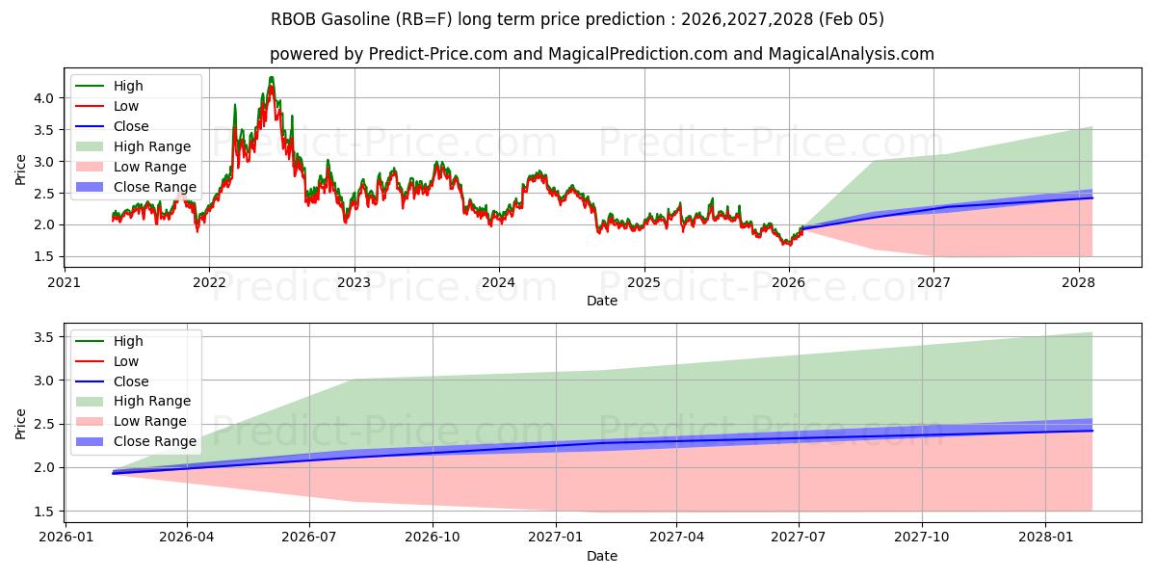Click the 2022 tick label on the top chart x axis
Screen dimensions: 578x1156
pyautogui.click(x=209, y=282)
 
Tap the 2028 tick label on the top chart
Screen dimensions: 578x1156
pyautogui.click(x=1078, y=282)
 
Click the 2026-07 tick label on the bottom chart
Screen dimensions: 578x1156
pyautogui.click(x=309, y=538)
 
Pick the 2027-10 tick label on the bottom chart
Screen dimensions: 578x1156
pyautogui.click(x=922, y=538)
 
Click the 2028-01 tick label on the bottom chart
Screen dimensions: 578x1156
pyautogui.click(x=1045, y=538)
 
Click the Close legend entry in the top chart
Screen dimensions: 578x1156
pyautogui.click(x=131, y=126)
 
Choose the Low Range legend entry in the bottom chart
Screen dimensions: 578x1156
pyautogui.click(x=150, y=421)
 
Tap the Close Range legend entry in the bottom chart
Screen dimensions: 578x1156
pyautogui.click(x=154, y=441)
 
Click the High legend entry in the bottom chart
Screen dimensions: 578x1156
pyautogui.click(x=128, y=341)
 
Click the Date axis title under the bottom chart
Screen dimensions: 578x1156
pyautogui.click(x=602, y=556)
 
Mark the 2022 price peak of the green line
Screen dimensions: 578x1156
pyautogui.click(x=272, y=77)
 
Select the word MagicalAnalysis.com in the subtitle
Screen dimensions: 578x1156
pyautogui.click(x=851, y=54)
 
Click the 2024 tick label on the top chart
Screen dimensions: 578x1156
pyautogui.click(x=499, y=282)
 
